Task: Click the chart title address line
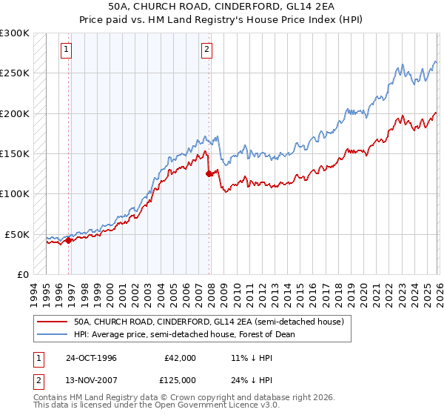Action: [222, 7]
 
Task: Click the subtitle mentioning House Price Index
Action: [222, 21]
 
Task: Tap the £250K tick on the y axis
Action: [15, 73]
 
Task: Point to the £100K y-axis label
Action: [15, 194]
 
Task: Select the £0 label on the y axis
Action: [22, 274]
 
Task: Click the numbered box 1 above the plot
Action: [67, 50]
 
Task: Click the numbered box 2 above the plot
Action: [206, 50]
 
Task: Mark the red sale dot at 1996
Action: [68, 240]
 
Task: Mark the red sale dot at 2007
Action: [209, 174]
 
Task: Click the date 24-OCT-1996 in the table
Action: [91, 358]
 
